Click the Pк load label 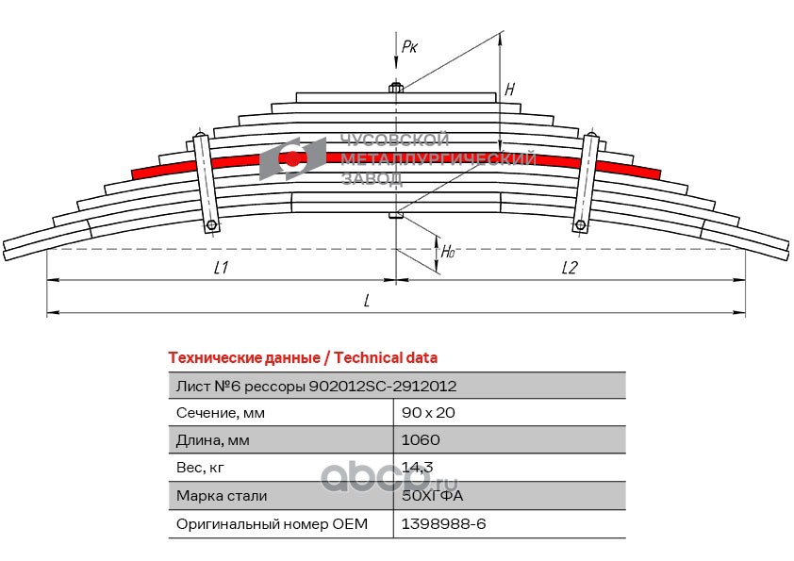(x=409, y=45)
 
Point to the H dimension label (x=509, y=91)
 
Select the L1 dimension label (x=222, y=268)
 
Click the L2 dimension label (x=570, y=268)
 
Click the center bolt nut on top (x=397, y=90)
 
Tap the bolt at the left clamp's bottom (x=212, y=225)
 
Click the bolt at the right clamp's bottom (x=581, y=224)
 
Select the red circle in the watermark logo (x=293, y=159)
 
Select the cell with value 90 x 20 (x=428, y=413)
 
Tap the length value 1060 (x=421, y=440)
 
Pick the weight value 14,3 (x=416, y=468)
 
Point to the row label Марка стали (x=222, y=495)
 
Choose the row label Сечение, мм (x=222, y=413)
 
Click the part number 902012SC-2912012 (x=385, y=386)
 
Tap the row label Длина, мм (x=215, y=440)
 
